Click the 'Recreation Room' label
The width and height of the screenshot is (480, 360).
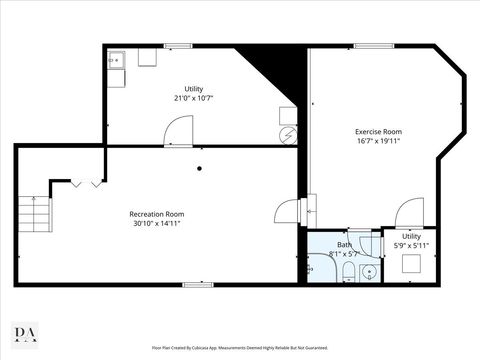(x=157, y=213)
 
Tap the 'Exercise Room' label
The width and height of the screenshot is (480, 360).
(x=378, y=132)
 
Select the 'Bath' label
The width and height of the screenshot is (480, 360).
(x=344, y=244)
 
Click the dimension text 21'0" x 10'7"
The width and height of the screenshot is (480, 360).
(x=193, y=98)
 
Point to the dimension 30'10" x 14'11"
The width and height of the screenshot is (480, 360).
(x=157, y=223)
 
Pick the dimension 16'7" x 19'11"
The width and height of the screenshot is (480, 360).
(x=378, y=142)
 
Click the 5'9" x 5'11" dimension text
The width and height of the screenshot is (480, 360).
(x=411, y=245)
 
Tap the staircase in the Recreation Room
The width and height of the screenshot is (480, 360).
(x=37, y=211)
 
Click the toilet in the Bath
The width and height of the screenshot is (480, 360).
(x=344, y=274)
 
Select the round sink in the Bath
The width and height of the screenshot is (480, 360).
(x=368, y=271)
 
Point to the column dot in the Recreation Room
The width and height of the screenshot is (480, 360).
(x=199, y=168)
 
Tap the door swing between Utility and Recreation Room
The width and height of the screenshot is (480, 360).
(x=178, y=131)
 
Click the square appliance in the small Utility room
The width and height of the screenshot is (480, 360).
(x=411, y=263)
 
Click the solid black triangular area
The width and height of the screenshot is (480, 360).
(x=276, y=75)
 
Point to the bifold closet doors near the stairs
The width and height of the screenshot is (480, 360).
(x=87, y=183)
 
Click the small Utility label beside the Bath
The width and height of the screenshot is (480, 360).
(x=411, y=236)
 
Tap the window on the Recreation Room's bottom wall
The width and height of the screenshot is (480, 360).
(x=197, y=285)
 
